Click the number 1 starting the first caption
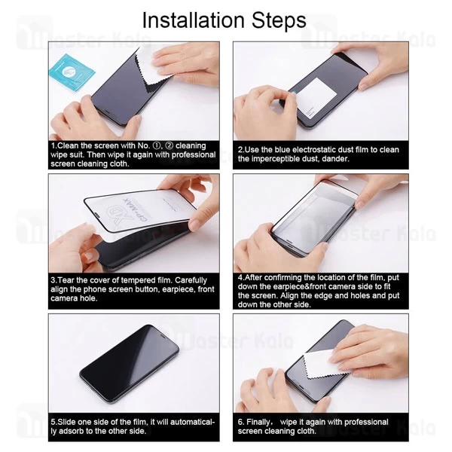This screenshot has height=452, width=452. (x=53, y=145)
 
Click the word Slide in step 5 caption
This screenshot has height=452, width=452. (x=69, y=422)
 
